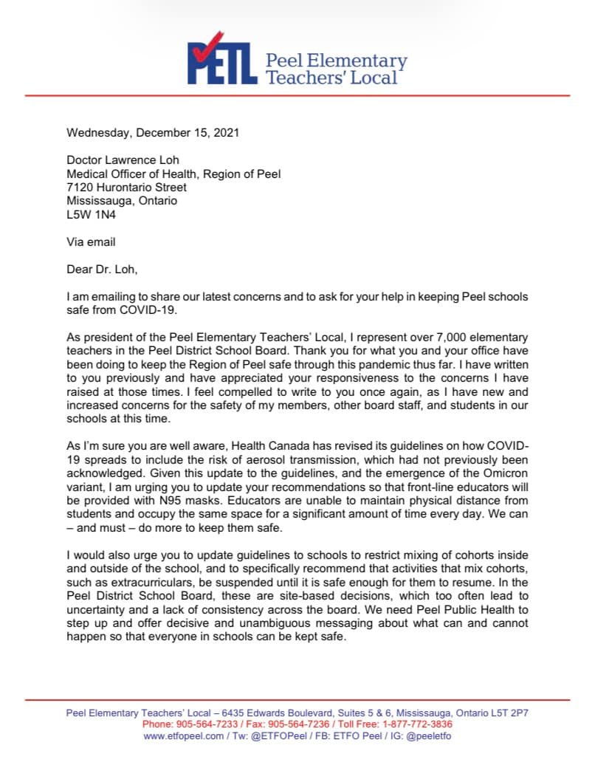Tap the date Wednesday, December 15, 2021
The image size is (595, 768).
pyautogui.click(x=153, y=134)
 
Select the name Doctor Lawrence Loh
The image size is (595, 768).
pyautogui.click(x=123, y=160)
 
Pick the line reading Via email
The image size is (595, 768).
pyautogui.click(x=91, y=241)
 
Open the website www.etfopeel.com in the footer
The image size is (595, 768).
pyautogui.click(x=183, y=736)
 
